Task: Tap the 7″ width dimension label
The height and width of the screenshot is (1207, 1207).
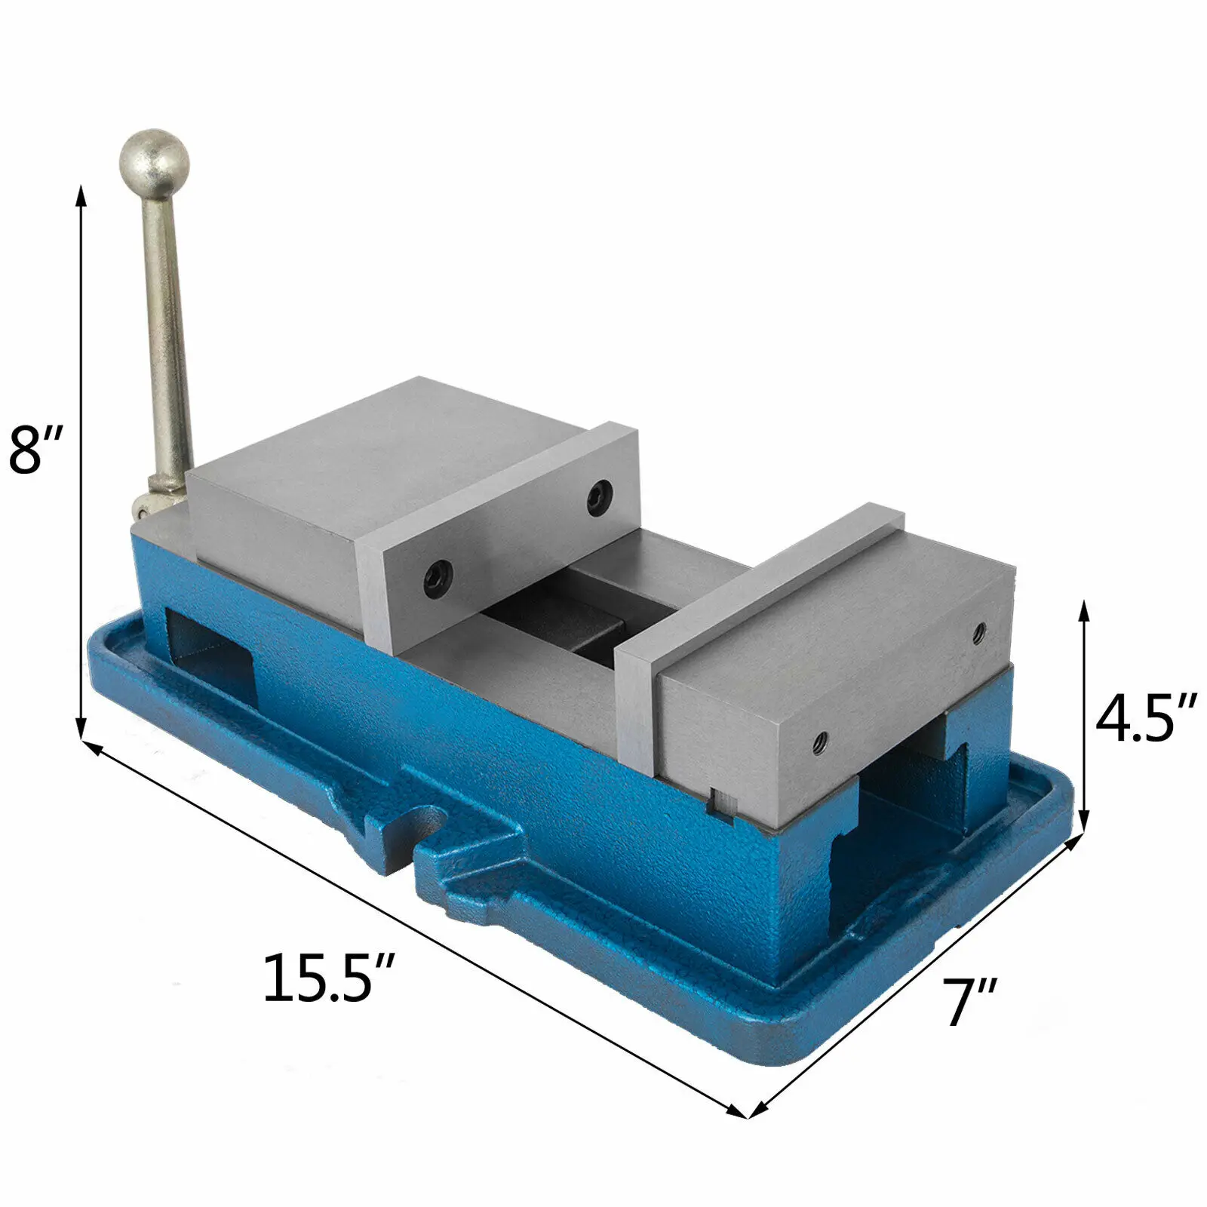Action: (x=970, y=1001)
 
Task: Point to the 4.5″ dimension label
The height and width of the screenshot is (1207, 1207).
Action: (x=1146, y=719)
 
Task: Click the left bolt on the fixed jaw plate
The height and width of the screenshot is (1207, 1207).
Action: (x=438, y=578)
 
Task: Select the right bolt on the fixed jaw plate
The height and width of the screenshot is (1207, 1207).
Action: (x=600, y=497)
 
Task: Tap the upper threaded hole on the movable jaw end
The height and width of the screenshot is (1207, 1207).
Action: (x=978, y=632)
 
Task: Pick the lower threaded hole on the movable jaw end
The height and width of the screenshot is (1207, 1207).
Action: (x=821, y=741)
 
